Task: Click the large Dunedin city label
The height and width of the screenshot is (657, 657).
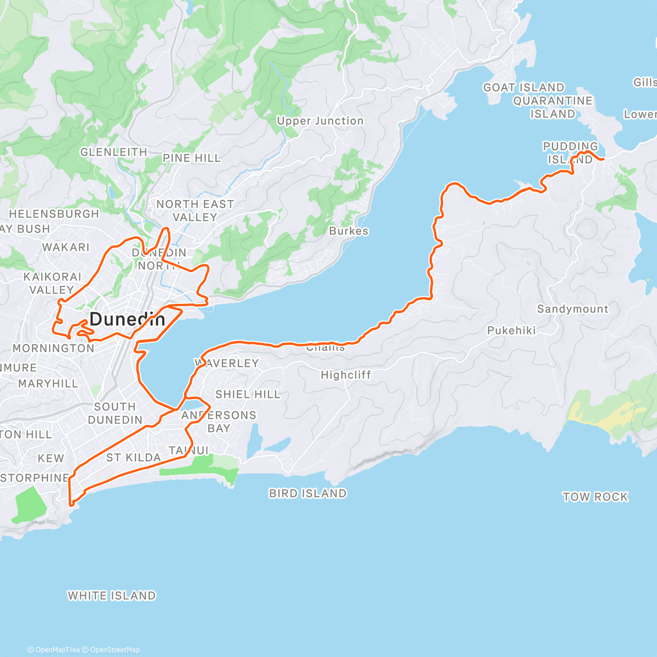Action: (127, 319)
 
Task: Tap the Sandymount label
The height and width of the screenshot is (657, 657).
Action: (572, 309)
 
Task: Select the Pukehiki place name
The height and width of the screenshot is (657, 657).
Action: (511, 330)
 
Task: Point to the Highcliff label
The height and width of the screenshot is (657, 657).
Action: (345, 375)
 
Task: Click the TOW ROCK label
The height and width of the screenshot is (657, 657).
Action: (595, 497)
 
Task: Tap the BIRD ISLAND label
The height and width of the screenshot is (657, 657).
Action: (308, 493)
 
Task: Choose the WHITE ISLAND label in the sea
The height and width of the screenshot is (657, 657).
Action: (112, 595)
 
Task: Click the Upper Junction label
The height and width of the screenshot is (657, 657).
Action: (320, 121)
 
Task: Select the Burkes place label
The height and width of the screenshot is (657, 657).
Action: (349, 231)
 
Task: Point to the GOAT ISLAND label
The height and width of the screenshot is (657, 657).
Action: (523, 88)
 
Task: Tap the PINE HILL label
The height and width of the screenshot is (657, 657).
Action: (192, 158)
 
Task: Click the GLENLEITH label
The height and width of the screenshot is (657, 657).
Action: (113, 152)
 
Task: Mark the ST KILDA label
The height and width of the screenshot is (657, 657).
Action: (133, 457)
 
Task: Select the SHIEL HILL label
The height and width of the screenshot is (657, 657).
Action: (247, 394)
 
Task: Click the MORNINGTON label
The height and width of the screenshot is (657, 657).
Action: (53, 348)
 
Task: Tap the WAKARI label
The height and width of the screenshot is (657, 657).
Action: (66, 247)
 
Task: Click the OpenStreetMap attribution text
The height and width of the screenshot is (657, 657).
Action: (114, 650)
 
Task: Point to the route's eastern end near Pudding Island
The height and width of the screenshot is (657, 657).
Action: (602, 159)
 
